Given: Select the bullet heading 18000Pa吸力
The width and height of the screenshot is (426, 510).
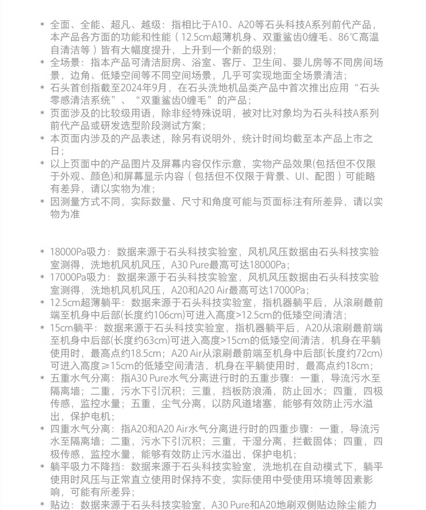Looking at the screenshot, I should (80, 252).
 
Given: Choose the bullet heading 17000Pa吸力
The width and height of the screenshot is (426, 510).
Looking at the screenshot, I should (80, 277).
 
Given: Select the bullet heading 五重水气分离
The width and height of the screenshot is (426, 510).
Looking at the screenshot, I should (80, 378).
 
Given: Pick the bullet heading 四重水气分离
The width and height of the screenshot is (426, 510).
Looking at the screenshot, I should (80, 429).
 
